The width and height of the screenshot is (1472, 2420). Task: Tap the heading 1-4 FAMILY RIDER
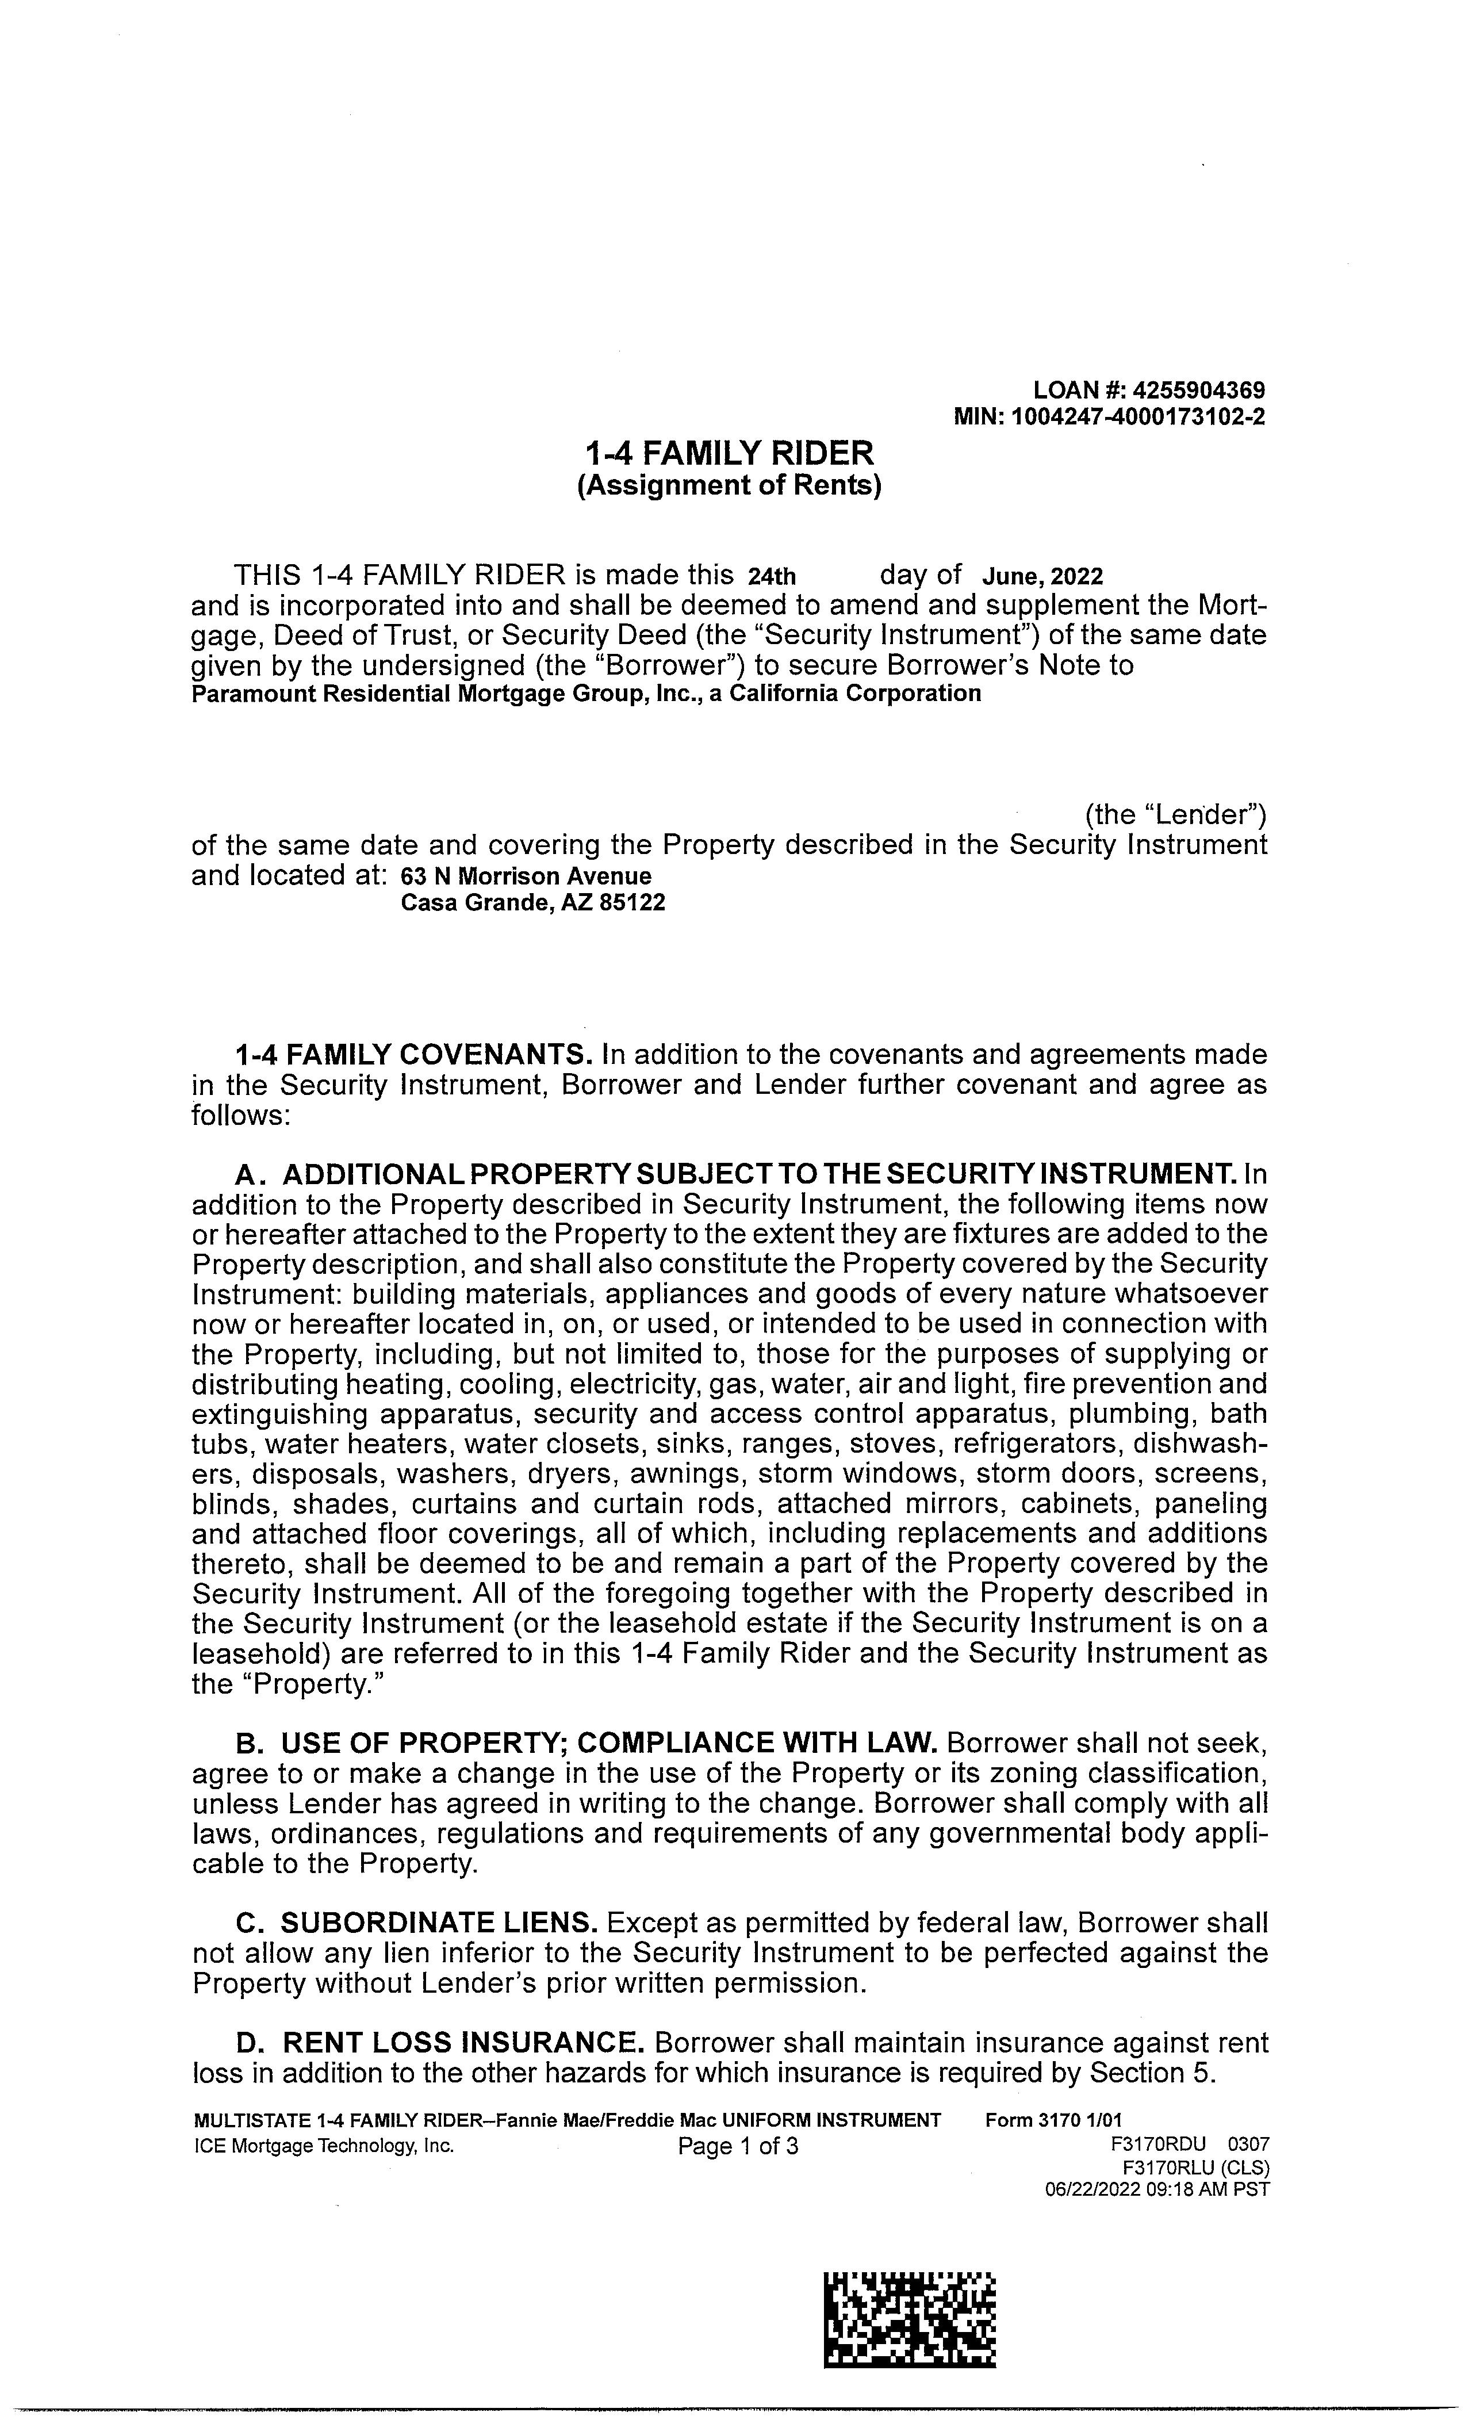[729, 454]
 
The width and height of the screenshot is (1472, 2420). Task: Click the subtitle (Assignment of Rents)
[729, 485]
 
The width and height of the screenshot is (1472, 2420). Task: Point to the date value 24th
[772, 576]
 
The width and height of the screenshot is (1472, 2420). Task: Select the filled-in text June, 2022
[1042, 576]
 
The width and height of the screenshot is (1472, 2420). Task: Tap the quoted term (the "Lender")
[1175, 814]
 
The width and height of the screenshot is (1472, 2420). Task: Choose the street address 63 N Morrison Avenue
[526, 876]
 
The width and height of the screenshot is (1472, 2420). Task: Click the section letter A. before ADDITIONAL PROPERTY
[250, 1175]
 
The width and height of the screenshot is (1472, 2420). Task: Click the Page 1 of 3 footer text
[738, 2146]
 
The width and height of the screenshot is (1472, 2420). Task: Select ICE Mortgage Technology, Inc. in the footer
[325, 2146]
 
